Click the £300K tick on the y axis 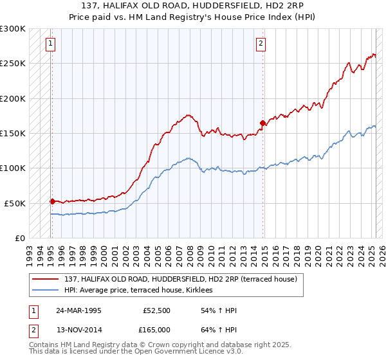13,29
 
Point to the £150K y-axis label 13,133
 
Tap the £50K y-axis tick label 15,203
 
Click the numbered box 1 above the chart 50,44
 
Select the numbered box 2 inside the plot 261,44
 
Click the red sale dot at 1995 52,201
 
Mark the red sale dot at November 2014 262,123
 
